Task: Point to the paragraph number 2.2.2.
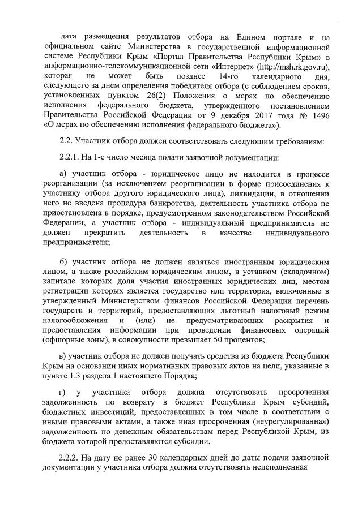point(72,458)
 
